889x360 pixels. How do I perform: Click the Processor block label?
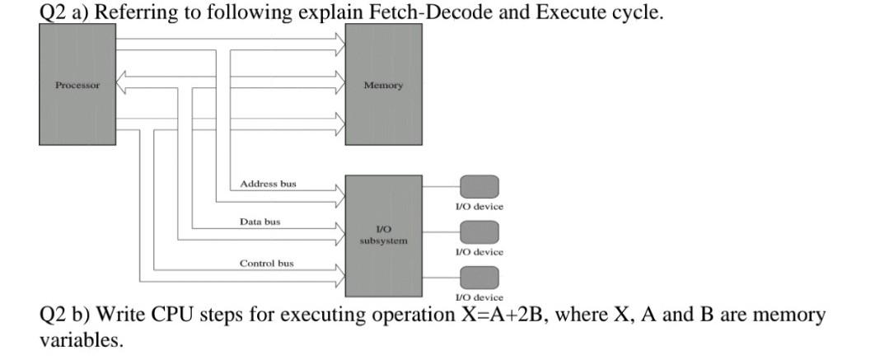[77, 85]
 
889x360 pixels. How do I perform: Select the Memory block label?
[383, 85]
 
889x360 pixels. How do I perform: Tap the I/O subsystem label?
[383, 235]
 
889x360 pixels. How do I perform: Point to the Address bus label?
[268, 184]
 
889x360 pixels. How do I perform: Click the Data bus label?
[260, 222]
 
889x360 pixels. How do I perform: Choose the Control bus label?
[266, 263]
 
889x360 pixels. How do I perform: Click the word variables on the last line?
[81, 339]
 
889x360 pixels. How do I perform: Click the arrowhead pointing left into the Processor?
[121, 80]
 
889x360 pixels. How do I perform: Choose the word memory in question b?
[788, 315]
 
